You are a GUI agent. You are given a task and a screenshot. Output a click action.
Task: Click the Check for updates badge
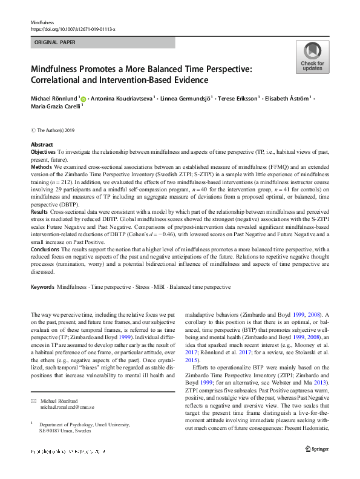tap(312, 58)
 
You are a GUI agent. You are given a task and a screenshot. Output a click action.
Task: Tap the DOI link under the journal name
tap(73, 28)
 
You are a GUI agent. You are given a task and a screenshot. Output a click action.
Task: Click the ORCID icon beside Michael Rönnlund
tap(83, 98)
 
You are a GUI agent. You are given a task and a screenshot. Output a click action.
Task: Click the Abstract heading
tap(41, 145)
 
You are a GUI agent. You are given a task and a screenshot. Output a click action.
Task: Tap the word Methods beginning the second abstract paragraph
tap(42, 166)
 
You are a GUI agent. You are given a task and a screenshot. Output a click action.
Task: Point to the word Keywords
tap(43, 285)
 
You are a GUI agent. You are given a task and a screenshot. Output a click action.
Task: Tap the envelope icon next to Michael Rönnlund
tap(33, 384)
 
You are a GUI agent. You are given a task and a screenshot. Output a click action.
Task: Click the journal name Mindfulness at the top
tap(42, 22)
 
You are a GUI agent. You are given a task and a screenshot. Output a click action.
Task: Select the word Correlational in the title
tap(61, 80)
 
